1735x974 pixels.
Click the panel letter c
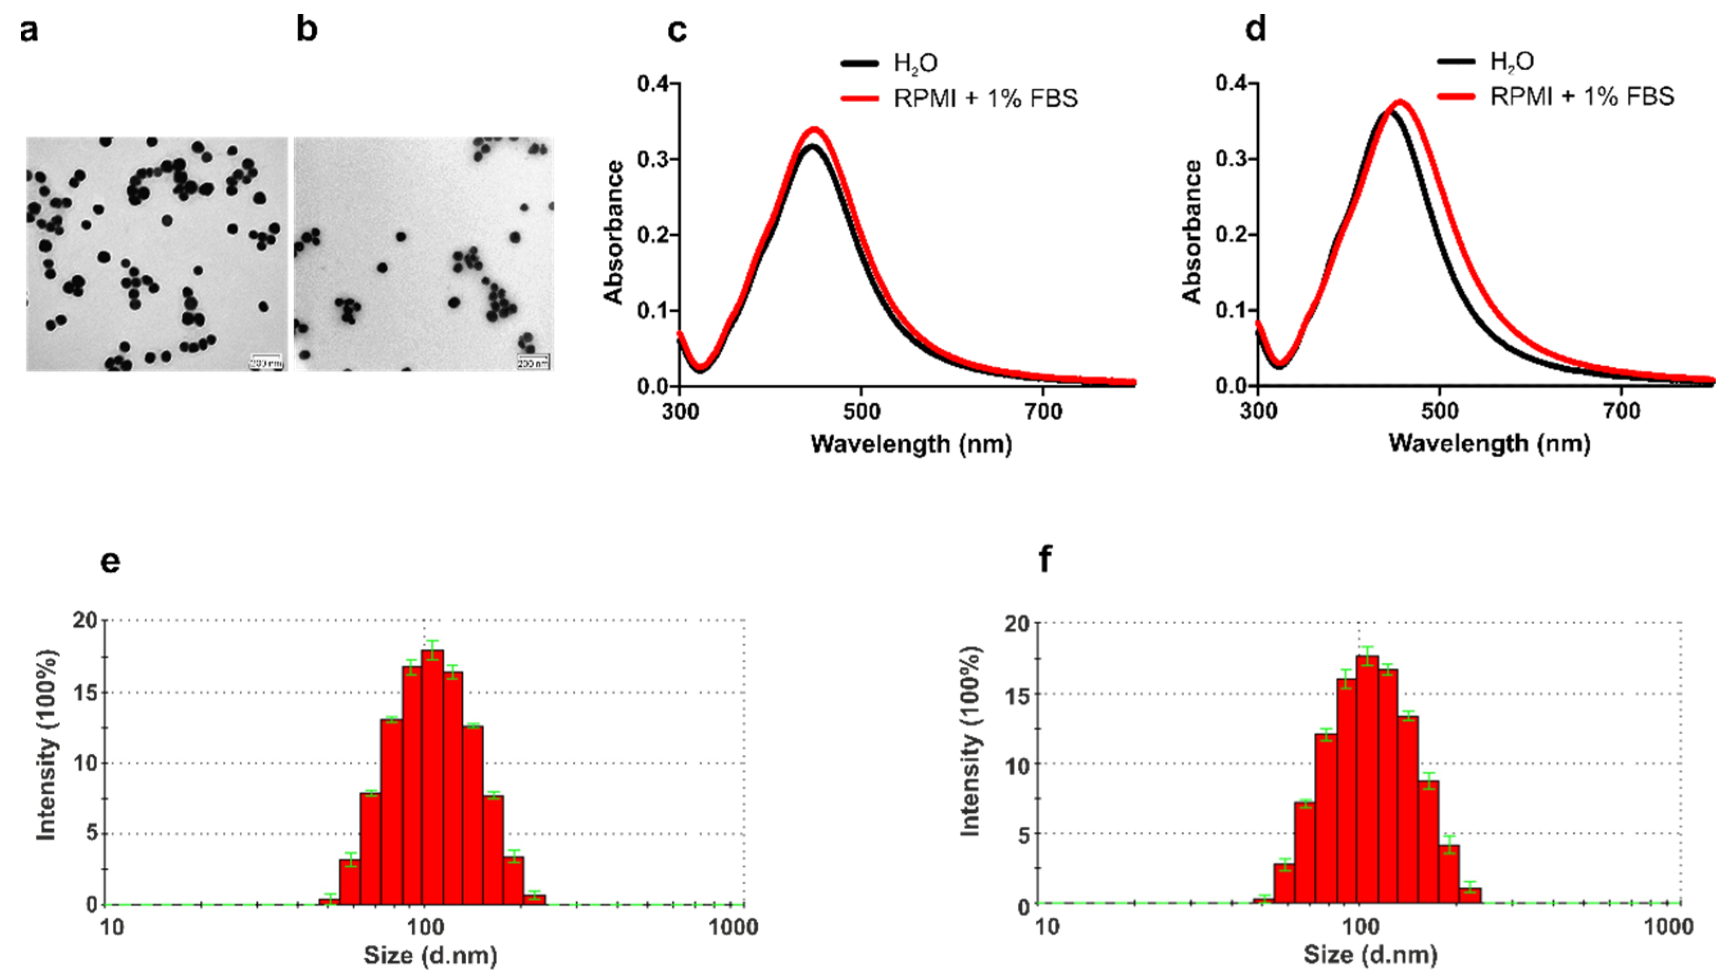(x=676, y=30)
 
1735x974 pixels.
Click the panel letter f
(x=1045, y=559)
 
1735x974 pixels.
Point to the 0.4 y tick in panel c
(x=653, y=84)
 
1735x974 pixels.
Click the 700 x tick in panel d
(x=1621, y=410)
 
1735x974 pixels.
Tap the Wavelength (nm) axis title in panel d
(x=1489, y=443)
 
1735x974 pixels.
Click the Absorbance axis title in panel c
(x=614, y=233)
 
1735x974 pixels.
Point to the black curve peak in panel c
(x=812, y=146)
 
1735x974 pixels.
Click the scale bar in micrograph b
(x=533, y=361)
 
